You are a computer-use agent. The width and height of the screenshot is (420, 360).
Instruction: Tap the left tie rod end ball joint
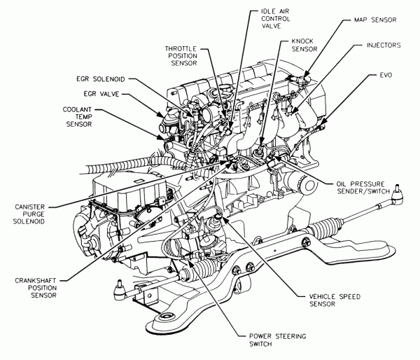[x=120, y=284]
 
